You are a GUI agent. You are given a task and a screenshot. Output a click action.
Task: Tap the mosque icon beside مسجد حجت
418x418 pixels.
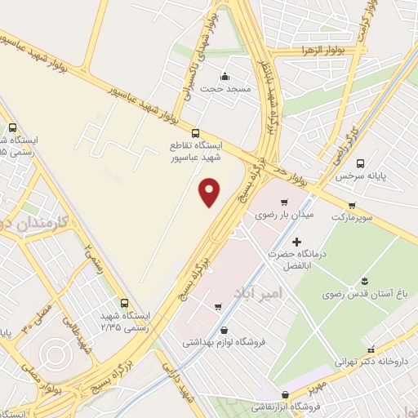[x=225, y=78]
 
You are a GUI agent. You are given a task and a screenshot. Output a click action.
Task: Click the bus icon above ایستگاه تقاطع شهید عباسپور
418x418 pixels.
[x=194, y=133]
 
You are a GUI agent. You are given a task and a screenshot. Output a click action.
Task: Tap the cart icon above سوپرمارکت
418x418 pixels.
[x=351, y=205]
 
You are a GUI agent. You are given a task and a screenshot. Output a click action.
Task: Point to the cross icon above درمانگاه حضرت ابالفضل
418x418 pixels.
[x=296, y=242]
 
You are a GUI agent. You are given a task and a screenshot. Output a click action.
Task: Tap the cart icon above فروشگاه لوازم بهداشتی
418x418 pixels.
[x=218, y=308]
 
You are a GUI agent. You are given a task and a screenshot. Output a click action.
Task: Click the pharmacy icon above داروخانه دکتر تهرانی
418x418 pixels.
[x=371, y=348]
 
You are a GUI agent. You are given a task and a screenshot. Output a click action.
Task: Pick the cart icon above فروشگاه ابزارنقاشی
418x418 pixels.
[x=283, y=394]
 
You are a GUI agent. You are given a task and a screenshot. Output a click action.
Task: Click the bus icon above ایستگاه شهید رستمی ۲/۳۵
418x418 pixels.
[x=123, y=302]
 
